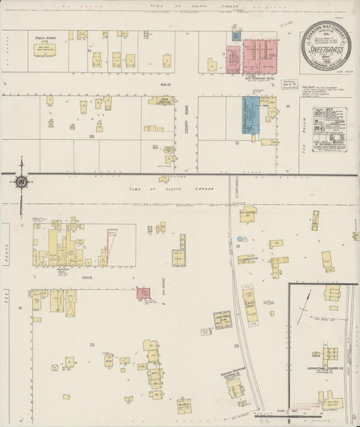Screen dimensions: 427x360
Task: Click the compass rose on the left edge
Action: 22,181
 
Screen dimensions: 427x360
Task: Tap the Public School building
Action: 45,49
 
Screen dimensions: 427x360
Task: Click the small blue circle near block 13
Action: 240,238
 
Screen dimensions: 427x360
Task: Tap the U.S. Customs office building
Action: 248,214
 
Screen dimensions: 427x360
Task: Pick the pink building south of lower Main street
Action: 144,293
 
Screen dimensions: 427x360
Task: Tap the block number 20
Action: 91,135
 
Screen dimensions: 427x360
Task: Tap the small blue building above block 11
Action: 236,34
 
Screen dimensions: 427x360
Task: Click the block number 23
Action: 236,346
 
